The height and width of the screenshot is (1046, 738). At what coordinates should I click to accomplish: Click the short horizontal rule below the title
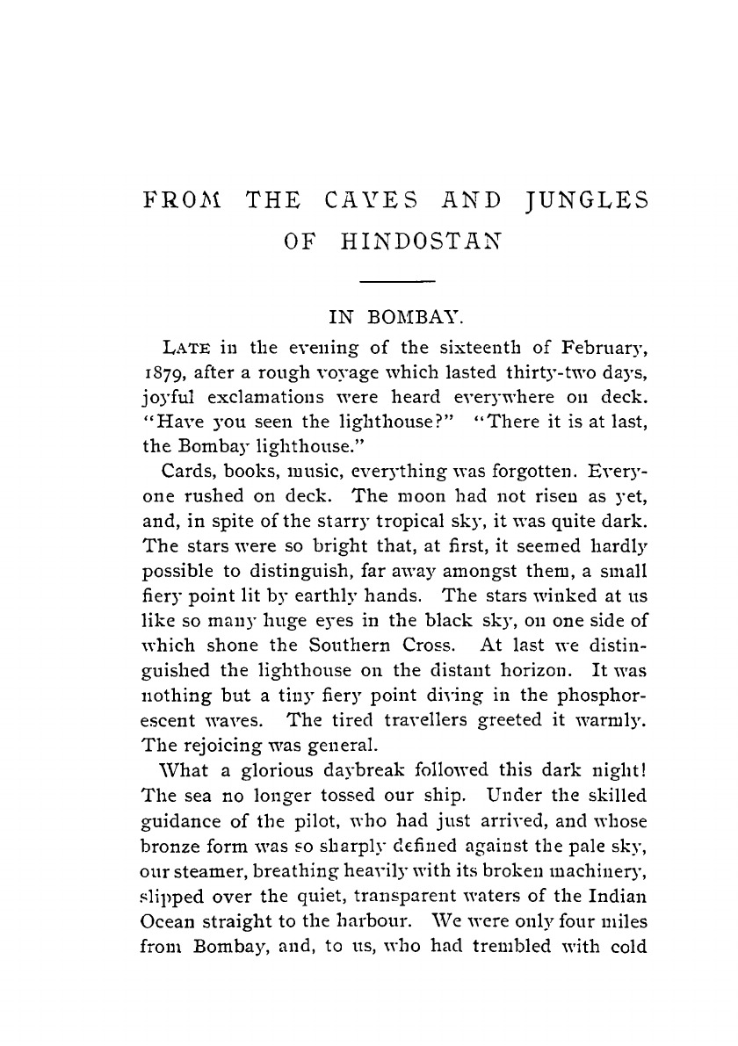coord(401,281)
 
